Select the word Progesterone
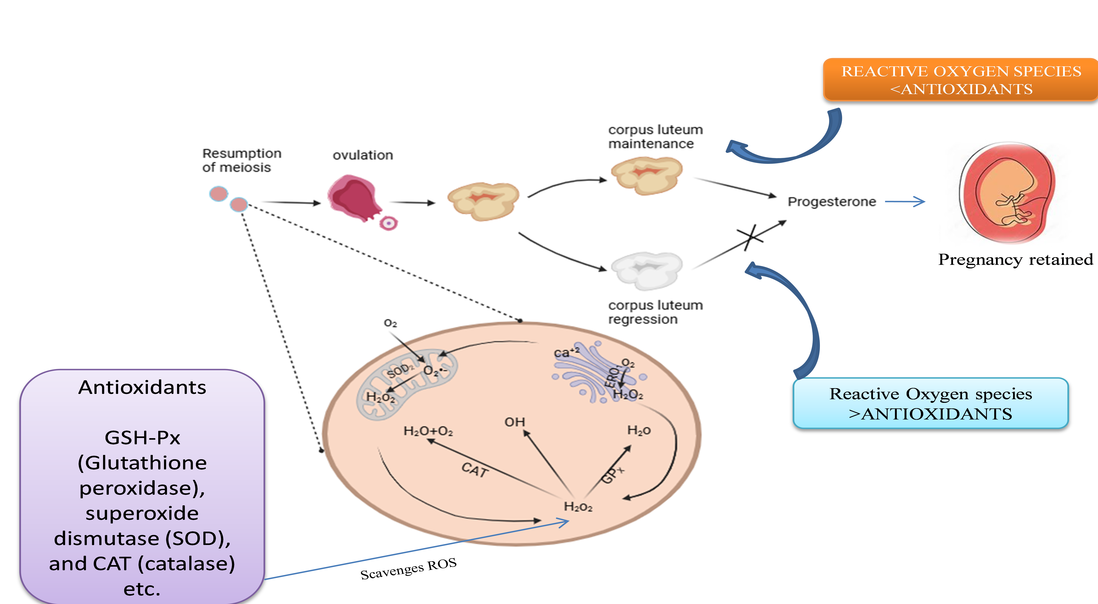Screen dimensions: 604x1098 pyautogui.click(x=832, y=201)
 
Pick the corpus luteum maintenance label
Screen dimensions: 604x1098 pyautogui.click(x=655, y=136)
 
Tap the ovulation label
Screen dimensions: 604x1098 pyautogui.click(x=363, y=155)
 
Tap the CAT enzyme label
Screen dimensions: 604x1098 pyautogui.click(x=474, y=470)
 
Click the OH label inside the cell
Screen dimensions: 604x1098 pyautogui.click(x=515, y=422)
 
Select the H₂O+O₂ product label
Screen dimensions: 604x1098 pyautogui.click(x=428, y=431)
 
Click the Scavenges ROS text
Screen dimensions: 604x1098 pyautogui.click(x=408, y=569)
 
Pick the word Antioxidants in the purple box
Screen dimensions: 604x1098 pyautogui.click(x=142, y=388)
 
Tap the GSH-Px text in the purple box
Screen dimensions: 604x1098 pyautogui.click(x=142, y=437)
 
